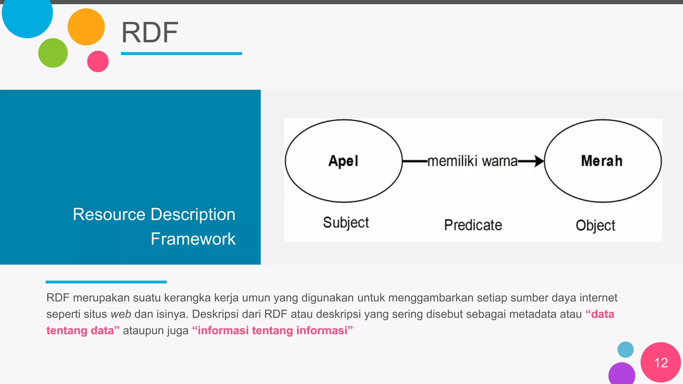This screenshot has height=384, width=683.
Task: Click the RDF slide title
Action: point(150,32)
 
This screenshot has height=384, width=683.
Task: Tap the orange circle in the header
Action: point(86,27)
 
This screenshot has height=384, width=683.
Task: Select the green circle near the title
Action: point(53,53)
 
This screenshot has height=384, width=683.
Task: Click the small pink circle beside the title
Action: point(98,61)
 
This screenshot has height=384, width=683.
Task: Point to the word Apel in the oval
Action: point(343,161)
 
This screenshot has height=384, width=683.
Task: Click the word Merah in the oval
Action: point(602,161)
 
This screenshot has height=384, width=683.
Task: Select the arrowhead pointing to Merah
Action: point(538,161)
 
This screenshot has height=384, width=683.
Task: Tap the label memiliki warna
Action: point(472,161)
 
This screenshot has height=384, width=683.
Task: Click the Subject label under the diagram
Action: point(346,222)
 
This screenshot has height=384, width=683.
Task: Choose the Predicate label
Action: point(473,225)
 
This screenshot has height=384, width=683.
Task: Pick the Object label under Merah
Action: point(595,225)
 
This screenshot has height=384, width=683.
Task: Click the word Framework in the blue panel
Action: point(193,239)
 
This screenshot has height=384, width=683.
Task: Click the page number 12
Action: point(661,363)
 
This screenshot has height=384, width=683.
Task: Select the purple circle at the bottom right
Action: point(621,374)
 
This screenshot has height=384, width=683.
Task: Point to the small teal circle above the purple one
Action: point(625,350)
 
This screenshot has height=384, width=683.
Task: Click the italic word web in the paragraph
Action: point(120,314)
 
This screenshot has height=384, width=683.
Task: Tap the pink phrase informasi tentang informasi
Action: point(272,330)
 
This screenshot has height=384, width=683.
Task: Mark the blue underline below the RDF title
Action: point(181,53)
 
